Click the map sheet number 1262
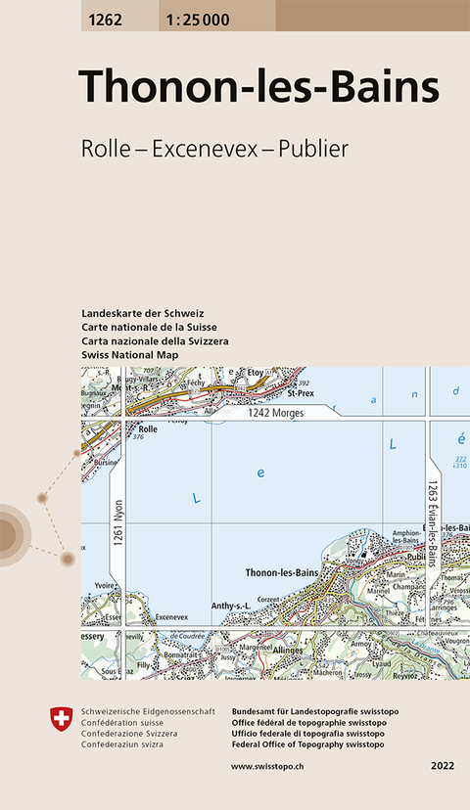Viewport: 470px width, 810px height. pos(105,14)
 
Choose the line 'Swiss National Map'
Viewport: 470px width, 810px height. pos(129,353)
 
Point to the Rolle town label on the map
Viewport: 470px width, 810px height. pos(148,428)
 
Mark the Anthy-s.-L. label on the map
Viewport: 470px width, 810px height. pos(233,607)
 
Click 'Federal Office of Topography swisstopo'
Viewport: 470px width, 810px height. pos(308,742)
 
